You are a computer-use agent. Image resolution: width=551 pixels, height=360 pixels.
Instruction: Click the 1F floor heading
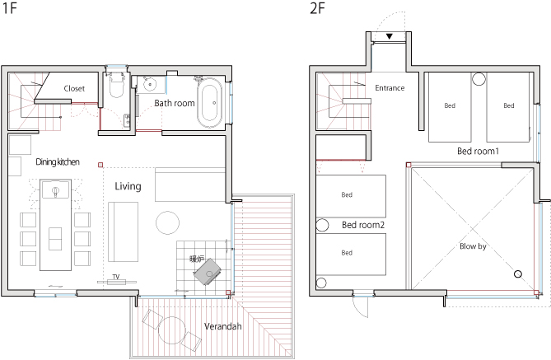(10, 8)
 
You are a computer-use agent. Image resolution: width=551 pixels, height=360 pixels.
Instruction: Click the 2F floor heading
(317, 8)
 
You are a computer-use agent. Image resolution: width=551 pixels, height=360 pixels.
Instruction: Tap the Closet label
(74, 89)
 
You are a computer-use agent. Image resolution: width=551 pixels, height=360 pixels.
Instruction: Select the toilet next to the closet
(116, 85)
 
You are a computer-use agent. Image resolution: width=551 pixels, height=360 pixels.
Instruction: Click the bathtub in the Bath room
(209, 102)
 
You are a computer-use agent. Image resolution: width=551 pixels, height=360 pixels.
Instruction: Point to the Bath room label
(175, 103)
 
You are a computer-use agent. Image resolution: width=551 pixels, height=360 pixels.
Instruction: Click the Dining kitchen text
(58, 161)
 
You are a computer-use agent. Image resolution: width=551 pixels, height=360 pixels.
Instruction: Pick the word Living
(128, 186)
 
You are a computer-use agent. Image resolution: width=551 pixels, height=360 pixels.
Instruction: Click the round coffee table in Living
(168, 222)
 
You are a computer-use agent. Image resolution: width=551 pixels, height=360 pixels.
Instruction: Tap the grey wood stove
(208, 272)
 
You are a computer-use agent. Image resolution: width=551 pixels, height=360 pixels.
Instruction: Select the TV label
(116, 277)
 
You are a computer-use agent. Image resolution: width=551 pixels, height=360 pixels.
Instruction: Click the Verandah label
(223, 326)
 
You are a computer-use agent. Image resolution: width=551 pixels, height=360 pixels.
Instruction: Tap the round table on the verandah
(172, 330)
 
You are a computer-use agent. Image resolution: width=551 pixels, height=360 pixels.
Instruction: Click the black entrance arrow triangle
(389, 36)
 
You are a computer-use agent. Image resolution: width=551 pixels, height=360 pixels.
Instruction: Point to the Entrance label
(390, 88)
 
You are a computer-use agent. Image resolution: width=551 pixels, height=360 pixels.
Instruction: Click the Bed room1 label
(478, 152)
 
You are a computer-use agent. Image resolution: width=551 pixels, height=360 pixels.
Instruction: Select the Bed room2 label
(363, 225)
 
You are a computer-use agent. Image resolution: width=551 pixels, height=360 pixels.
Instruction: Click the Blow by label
(473, 246)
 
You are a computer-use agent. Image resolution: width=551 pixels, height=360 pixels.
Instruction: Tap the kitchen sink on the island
(55, 189)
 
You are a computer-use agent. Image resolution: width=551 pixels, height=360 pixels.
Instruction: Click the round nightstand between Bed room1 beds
(479, 79)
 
